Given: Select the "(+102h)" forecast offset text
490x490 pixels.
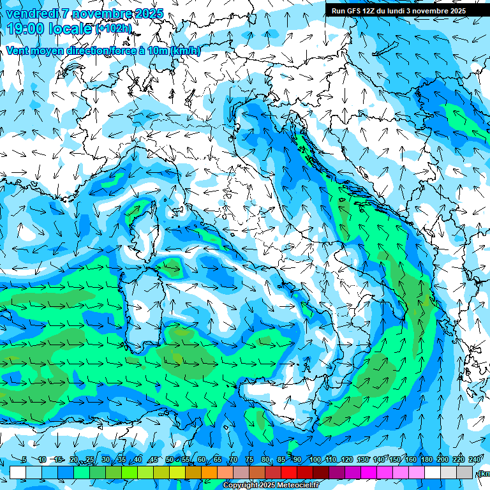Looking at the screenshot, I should tap(114, 29).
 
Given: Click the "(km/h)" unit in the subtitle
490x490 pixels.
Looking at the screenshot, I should tap(186, 51).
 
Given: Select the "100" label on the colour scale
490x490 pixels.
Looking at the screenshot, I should tap(315, 460).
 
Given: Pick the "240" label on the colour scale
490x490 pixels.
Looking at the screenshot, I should tap(474, 460).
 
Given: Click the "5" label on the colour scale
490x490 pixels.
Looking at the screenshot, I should tap(24, 460).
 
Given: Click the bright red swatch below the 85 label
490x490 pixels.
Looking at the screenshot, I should tap(289, 471).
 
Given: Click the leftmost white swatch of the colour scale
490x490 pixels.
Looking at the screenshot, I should tap(18, 471).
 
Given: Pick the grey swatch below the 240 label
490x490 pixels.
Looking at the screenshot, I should tap(464, 471).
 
